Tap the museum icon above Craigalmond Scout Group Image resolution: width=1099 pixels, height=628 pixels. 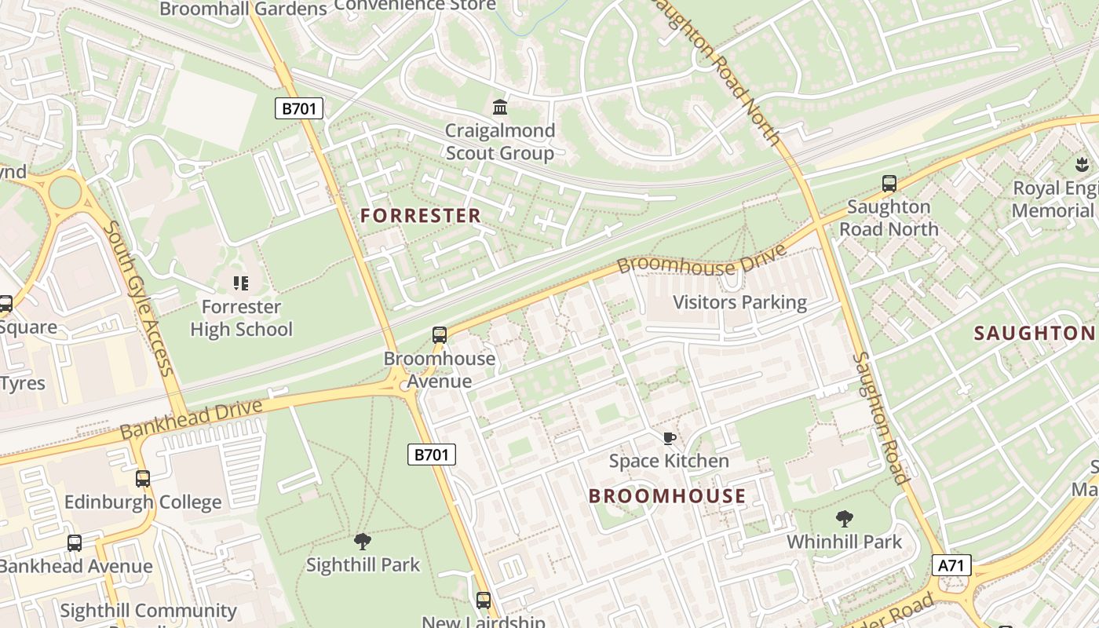[499, 106]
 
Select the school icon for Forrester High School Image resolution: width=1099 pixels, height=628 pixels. [241, 283]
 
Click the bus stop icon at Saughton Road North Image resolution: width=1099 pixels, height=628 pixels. [889, 184]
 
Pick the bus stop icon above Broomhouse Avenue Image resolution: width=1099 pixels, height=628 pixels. [440, 335]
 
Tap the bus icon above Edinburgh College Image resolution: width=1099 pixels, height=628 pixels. [143, 478]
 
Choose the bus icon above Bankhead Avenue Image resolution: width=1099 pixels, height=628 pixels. [75, 542]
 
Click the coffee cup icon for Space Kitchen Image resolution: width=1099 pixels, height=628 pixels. [669, 438]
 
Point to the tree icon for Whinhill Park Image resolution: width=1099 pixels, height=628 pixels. [845, 518]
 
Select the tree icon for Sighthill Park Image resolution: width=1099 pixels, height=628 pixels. [362, 541]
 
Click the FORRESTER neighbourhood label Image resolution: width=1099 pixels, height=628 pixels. [421, 216]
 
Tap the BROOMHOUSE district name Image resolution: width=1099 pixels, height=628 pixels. [667, 496]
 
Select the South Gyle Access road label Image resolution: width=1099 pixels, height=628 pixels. [137, 298]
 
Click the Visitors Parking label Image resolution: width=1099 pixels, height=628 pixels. [739, 302]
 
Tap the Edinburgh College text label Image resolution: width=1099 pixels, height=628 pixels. [143, 502]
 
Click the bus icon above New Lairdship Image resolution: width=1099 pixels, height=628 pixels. [484, 601]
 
